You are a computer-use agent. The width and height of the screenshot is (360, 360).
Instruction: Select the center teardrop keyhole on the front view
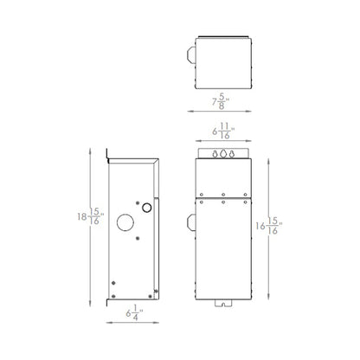[x=224, y=153]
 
